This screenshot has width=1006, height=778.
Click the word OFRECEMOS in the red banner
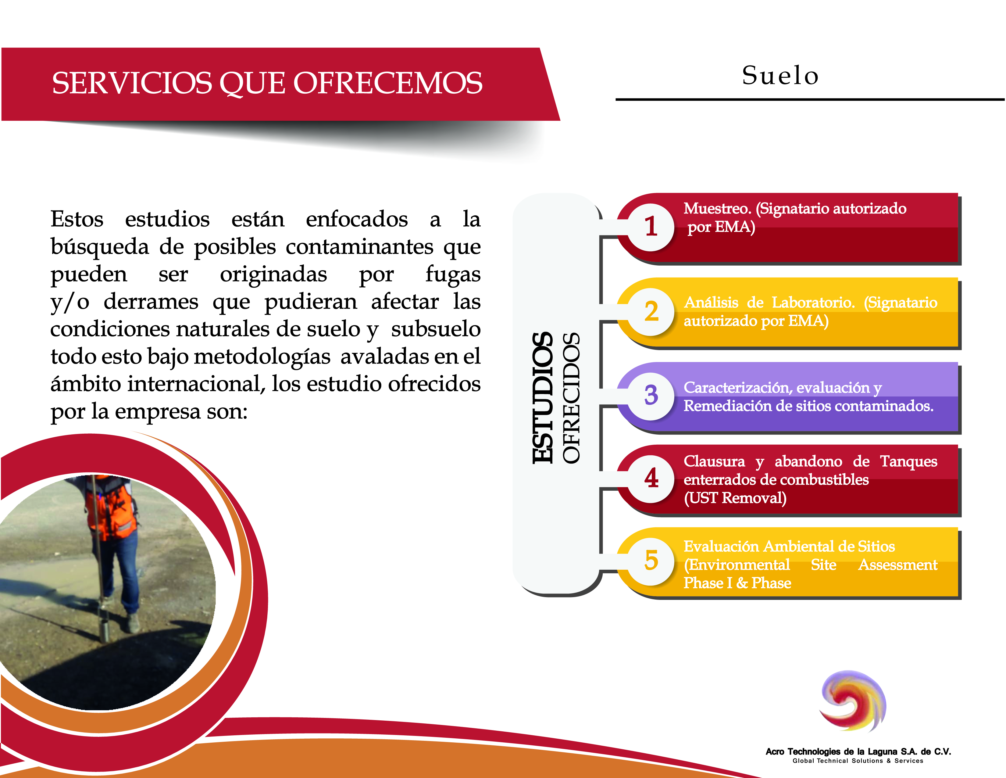[x=388, y=84]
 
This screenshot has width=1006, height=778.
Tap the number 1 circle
[x=651, y=227]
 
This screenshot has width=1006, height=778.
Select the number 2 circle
[x=651, y=312]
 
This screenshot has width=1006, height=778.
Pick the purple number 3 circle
[x=651, y=396]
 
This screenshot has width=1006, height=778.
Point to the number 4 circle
[x=651, y=478]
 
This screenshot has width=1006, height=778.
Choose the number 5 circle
[x=651, y=561]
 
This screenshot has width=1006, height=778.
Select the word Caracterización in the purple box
[x=737, y=388]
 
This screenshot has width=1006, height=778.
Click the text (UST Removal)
[x=735, y=498]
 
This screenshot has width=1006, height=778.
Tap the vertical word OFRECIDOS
[x=571, y=398]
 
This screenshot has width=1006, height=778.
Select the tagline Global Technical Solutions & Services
[x=858, y=761]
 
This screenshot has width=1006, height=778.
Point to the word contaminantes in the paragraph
[x=359, y=247]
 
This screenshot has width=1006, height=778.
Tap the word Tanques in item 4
[x=908, y=462]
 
